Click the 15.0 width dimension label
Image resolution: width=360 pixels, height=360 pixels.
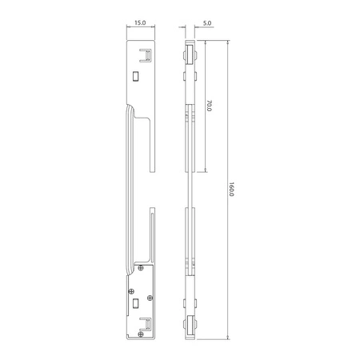140,22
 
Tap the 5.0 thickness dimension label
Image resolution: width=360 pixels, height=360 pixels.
207,23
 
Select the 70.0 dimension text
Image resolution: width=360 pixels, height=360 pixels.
209,106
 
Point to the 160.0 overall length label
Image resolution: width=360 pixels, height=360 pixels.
231,190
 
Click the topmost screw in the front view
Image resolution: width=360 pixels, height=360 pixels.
141,268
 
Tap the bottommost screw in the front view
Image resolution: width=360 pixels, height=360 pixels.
141,334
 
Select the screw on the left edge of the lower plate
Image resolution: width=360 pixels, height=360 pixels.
131,291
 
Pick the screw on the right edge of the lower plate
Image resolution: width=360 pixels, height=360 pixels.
150,298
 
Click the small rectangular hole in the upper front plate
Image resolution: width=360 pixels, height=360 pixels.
136,76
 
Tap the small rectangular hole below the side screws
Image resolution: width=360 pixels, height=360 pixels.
136,303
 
